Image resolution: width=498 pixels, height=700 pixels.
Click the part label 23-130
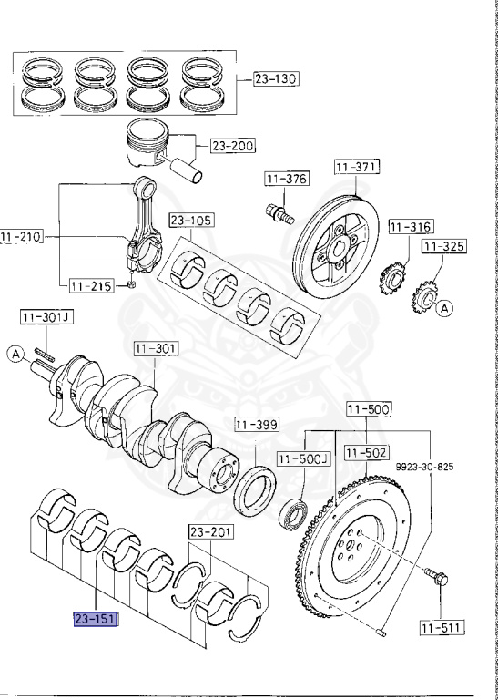coord(274,78)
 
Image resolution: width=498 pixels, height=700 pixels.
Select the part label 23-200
coord(233,145)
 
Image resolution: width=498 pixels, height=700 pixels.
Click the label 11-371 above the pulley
coord(356,167)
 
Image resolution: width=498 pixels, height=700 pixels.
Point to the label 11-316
coord(410,226)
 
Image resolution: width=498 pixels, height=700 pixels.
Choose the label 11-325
coord(443,246)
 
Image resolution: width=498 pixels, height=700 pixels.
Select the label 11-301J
coord(46,317)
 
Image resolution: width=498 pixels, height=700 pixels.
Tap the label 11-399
coord(256,425)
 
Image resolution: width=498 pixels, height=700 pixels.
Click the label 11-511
coord(442,626)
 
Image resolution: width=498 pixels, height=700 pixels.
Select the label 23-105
coord(190,220)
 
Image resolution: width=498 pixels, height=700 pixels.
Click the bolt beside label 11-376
coord(278,213)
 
